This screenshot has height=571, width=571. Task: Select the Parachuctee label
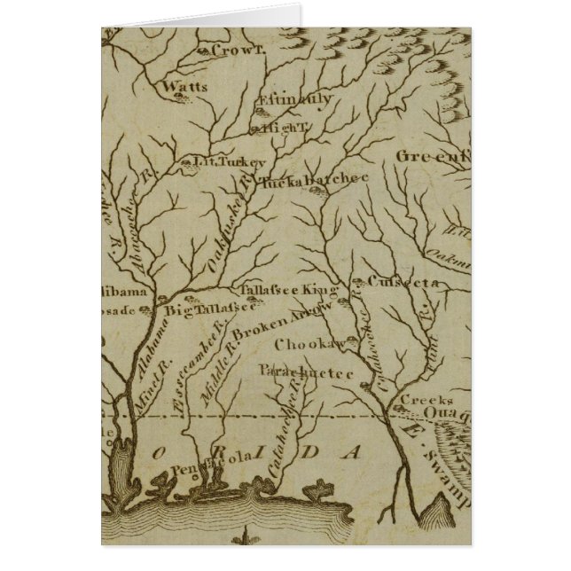307,373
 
